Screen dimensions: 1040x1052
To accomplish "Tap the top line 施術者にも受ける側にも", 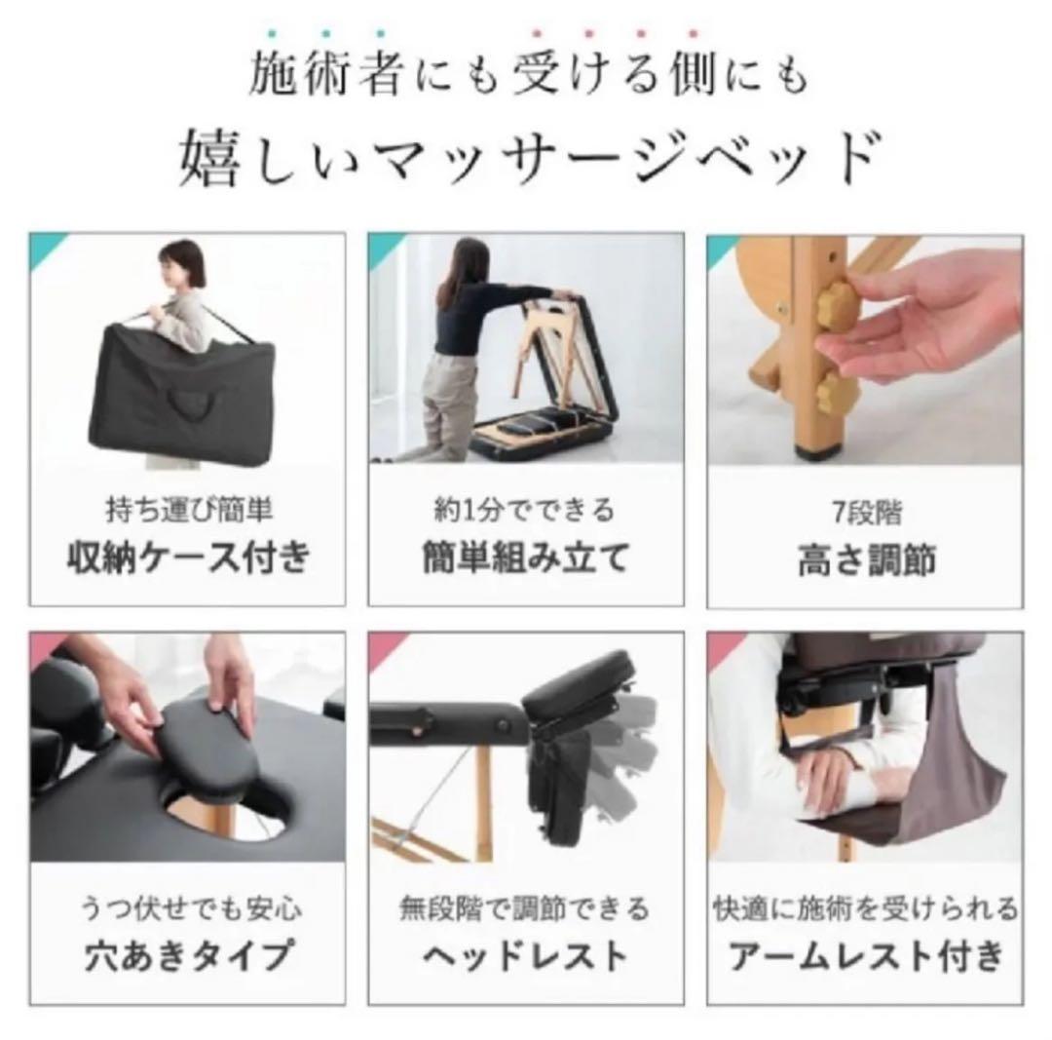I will pyautogui.click(x=527, y=76).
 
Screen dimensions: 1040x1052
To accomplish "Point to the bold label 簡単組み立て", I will pyautogui.click(x=526, y=559).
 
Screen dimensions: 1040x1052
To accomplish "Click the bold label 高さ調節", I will pyautogui.click(x=865, y=559).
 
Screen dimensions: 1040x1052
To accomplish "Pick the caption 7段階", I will pyautogui.click(x=865, y=512).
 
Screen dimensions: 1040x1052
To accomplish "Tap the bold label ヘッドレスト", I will pyautogui.click(x=526, y=955).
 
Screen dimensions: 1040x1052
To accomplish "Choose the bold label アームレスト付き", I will pyautogui.click(x=865, y=955).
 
